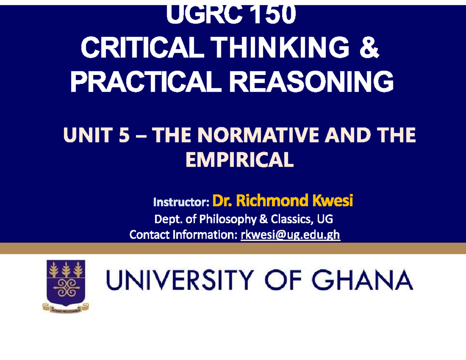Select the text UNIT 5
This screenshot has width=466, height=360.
pos(91,137)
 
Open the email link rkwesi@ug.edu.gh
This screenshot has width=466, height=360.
pos(290,235)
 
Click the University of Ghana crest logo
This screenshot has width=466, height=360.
pos(66,286)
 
